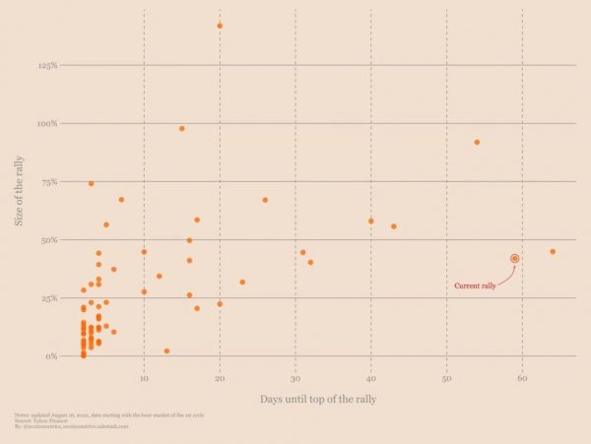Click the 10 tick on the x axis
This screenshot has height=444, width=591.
click(x=144, y=378)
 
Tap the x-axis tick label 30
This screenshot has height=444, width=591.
click(x=295, y=378)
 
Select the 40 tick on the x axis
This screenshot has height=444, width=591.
click(x=370, y=378)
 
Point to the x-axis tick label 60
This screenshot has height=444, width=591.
click(x=522, y=378)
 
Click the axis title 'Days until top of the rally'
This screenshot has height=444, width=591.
click(x=318, y=399)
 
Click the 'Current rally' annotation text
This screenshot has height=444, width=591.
click(x=474, y=286)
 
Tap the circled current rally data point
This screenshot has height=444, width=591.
click(x=515, y=258)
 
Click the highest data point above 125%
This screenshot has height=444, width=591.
click(x=220, y=26)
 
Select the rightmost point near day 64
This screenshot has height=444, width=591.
click(x=553, y=251)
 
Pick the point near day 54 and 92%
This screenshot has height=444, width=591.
click(x=477, y=142)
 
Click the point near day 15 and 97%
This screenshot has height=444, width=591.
click(x=182, y=128)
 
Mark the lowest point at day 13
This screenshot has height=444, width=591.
click(x=166, y=350)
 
